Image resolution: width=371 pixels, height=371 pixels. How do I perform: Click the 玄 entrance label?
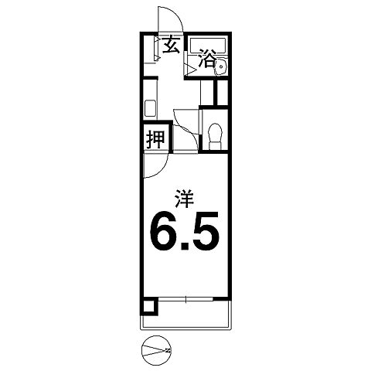[171, 46]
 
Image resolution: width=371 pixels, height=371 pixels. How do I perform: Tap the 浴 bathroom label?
[206, 59]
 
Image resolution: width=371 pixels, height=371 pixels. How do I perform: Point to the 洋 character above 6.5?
[184, 198]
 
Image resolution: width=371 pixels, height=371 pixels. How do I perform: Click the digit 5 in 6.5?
[208, 232]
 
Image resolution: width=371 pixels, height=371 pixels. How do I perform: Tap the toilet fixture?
[214, 134]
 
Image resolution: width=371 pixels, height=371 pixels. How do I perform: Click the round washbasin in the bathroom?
[222, 67]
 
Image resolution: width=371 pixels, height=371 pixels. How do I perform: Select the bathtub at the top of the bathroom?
[208, 43]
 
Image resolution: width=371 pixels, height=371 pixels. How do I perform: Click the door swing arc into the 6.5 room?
[154, 164]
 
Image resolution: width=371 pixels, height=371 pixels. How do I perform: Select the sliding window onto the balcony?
[185, 299]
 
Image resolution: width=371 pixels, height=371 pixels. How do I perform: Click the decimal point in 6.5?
[187, 247]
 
